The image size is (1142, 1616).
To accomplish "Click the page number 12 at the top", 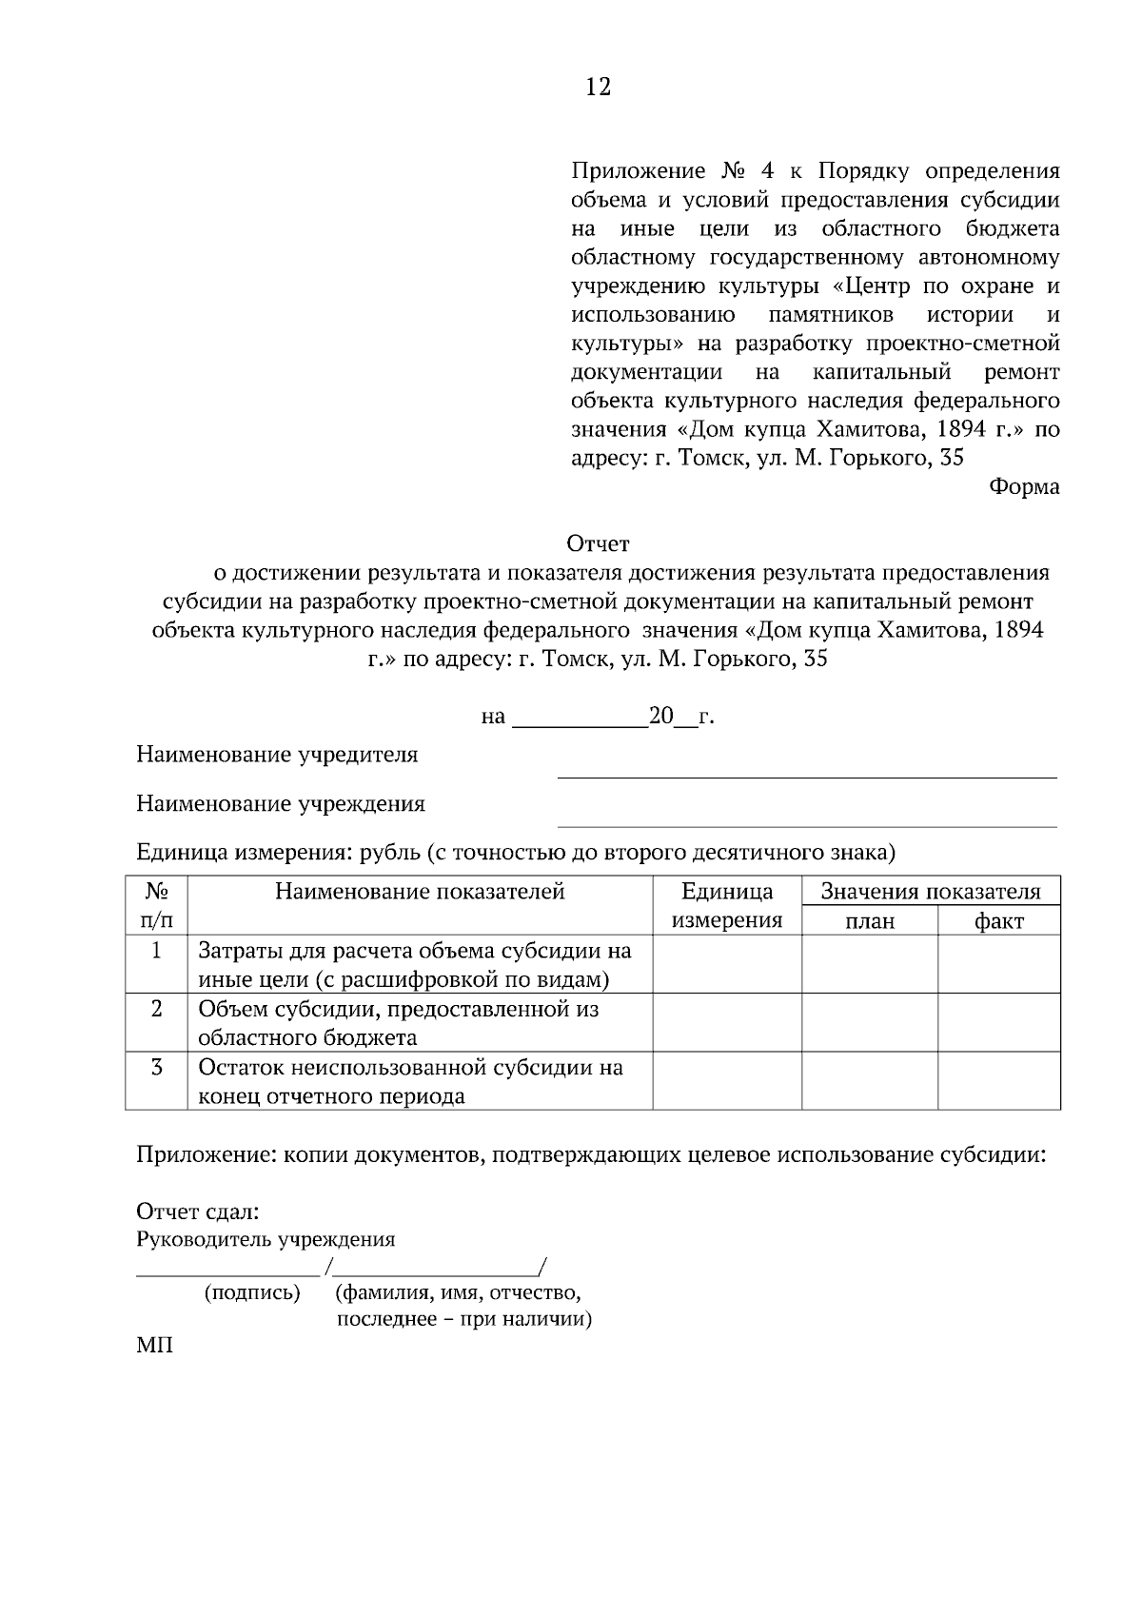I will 598,88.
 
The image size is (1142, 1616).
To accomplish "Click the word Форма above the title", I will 1024,486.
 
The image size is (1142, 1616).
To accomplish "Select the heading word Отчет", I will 598,544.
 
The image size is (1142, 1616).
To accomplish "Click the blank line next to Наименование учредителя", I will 806,769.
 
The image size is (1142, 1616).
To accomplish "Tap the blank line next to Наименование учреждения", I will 806,818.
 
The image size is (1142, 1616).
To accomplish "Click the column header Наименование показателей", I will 420,892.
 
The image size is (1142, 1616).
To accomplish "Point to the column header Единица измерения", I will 727,905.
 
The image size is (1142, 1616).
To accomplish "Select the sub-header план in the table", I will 870,920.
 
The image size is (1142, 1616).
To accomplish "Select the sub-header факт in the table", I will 999,920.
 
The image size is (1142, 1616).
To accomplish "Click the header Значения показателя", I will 931,892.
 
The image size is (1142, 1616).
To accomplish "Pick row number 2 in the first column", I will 156,1009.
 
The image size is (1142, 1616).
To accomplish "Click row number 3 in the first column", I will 156,1067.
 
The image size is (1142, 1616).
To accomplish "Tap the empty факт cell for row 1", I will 999,964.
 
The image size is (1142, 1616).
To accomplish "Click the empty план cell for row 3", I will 870,1080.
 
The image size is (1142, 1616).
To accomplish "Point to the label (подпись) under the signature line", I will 252,1292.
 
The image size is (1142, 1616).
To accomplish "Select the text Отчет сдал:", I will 198,1212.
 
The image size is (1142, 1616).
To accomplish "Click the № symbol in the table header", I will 156,892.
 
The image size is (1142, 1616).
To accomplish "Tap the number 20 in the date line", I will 660,716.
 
